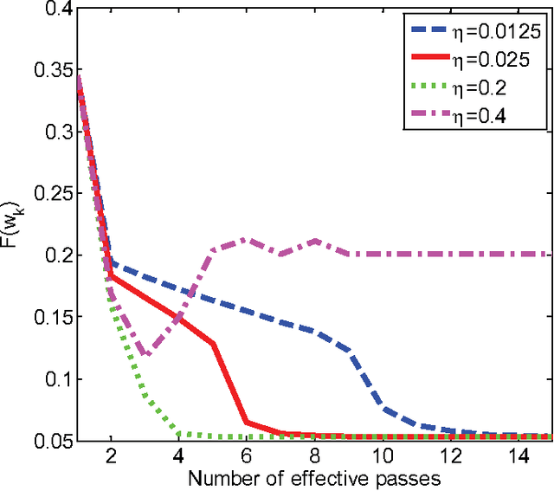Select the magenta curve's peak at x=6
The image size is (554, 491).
248,240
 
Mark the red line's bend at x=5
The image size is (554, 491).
213,344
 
